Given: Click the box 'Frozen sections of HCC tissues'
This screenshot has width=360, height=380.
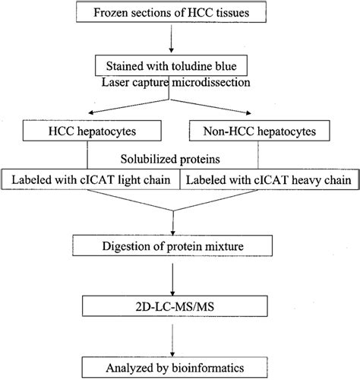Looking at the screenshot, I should pyautogui.click(x=180, y=13).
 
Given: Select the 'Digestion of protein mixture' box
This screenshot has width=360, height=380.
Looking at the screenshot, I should pyautogui.click(x=180, y=245).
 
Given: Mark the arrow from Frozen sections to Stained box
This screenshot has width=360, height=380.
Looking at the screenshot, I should pyautogui.click(x=180, y=38).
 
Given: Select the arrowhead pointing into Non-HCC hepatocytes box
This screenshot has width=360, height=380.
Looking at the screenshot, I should pyautogui.click(x=270, y=116).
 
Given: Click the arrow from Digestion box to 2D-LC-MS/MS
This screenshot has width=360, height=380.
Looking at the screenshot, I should pyautogui.click(x=180, y=277).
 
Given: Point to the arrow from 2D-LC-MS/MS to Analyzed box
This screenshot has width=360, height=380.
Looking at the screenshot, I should pyautogui.click(x=180, y=339).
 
